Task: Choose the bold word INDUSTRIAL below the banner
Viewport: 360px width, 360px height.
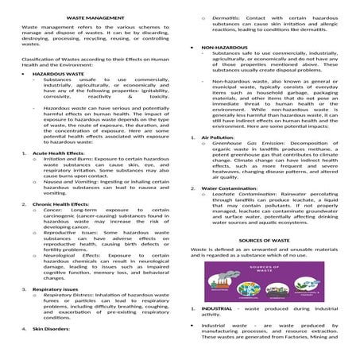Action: pyautogui.click(x=216, y=308)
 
